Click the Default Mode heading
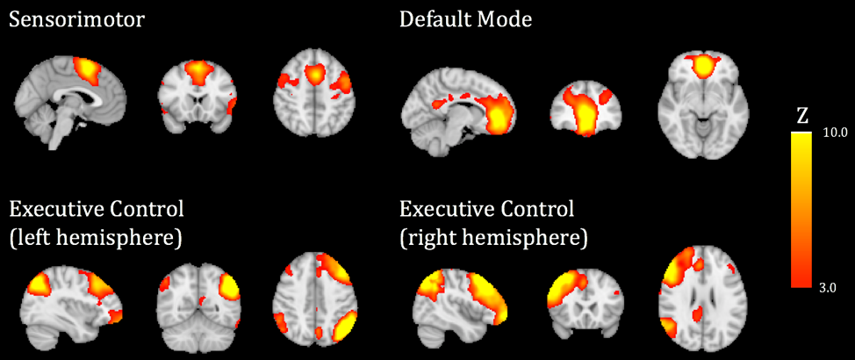click(465, 19)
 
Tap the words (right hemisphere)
click(493, 237)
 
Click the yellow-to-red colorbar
click(801, 210)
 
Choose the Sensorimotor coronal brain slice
click(198, 102)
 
